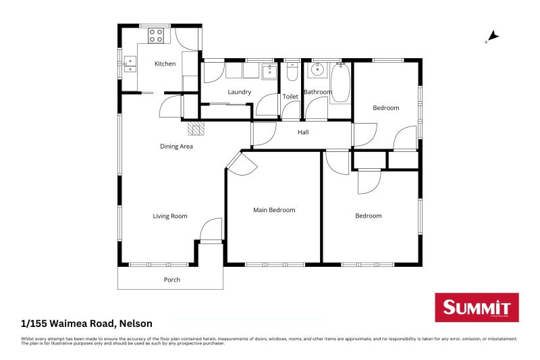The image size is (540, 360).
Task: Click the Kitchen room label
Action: click(x=165, y=64)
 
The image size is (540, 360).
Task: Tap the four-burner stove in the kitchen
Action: click(x=157, y=35)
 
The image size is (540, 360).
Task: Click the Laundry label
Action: click(x=240, y=92)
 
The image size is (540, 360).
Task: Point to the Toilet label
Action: click(x=290, y=97)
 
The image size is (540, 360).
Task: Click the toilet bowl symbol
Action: click(x=292, y=71)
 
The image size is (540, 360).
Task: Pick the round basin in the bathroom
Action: click(x=317, y=70)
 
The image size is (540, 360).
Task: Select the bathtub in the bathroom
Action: click(x=340, y=83)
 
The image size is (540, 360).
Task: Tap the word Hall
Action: click(x=303, y=132)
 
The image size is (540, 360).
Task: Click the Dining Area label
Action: click(x=176, y=146)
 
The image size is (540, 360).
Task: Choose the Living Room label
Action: click(x=169, y=216)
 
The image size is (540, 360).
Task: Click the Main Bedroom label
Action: click(x=274, y=210)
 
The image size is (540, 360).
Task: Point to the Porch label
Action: click(x=172, y=280)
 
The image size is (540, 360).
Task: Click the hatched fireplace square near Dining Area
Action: click(x=196, y=128)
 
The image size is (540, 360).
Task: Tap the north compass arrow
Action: click(x=493, y=36)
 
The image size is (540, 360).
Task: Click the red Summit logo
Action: click(x=477, y=307)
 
